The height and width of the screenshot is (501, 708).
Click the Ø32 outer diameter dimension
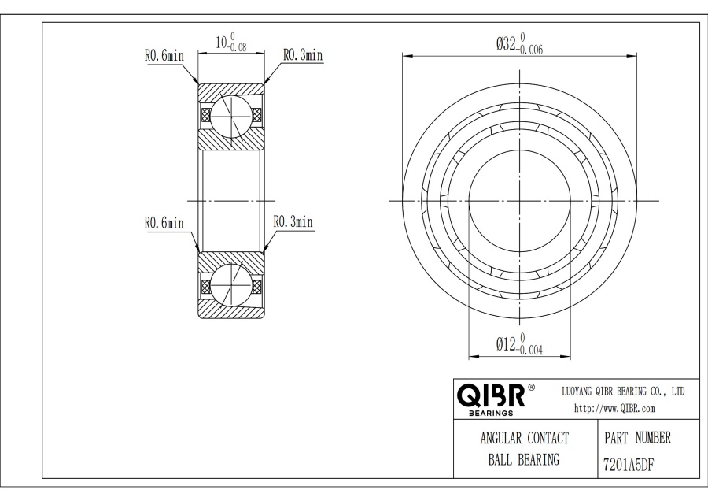[x=519, y=43]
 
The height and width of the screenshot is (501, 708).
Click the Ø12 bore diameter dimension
[x=519, y=344]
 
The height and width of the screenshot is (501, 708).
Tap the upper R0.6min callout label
[x=164, y=56]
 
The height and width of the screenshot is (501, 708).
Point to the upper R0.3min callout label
[x=303, y=55]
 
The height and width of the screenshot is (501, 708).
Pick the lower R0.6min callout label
[x=164, y=223]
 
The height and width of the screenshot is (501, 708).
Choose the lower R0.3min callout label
[x=293, y=221]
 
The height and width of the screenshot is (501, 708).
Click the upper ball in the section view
[x=230, y=116]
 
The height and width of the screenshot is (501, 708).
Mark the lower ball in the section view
[x=230, y=285]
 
